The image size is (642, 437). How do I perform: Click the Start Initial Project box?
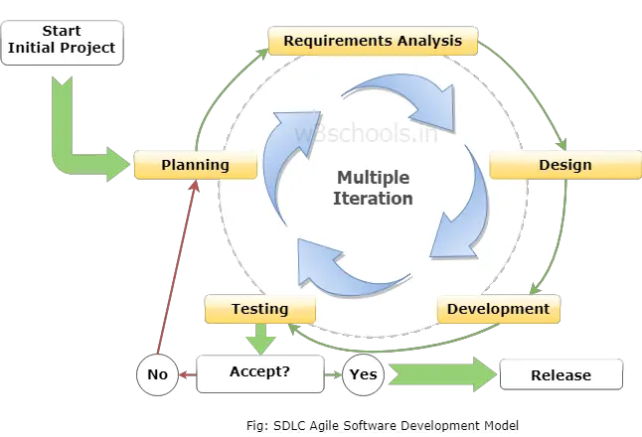[63, 43]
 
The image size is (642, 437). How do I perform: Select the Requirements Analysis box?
[373, 41]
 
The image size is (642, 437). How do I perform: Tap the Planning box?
[196, 165]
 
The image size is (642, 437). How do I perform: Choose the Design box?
[565, 165]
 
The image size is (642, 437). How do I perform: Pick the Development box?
[499, 309]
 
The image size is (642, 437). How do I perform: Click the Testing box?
[260, 309]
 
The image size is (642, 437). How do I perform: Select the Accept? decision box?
[260, 374]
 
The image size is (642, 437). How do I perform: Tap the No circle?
[158, 374]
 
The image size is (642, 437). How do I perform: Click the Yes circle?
[363, 374]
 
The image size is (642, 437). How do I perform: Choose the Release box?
[562, 374]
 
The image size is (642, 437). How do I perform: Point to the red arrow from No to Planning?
[177, 267]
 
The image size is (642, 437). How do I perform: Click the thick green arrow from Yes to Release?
[442, 374]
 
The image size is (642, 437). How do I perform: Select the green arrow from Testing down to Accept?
[260, 339]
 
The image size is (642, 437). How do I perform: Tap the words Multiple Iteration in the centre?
[373, 189]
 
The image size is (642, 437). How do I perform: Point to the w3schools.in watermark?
[366, 133]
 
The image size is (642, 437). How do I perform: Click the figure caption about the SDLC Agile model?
[383, 425]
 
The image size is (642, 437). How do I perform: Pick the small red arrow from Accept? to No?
[188, 374]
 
